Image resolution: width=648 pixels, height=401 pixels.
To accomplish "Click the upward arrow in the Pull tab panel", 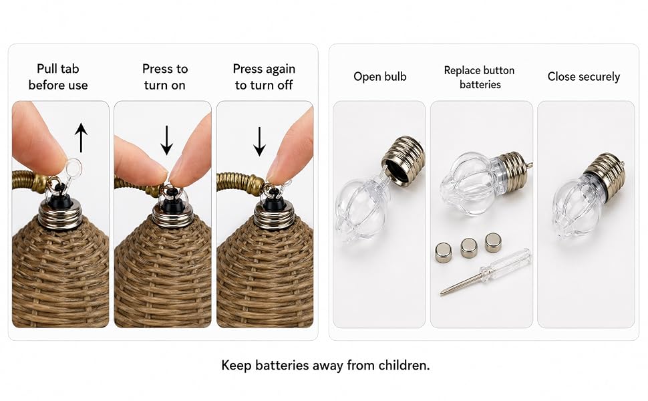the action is [81, 138].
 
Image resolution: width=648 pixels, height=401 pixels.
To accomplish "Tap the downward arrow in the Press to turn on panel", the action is [166, 140].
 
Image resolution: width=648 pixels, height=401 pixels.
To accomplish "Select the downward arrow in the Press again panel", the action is [259, 142].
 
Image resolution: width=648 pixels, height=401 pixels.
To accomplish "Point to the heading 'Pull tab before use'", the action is [58, 77].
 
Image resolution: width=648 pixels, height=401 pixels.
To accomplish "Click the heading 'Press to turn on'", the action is [165, 77].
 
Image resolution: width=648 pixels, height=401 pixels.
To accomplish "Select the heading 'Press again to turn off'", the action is [264, 77].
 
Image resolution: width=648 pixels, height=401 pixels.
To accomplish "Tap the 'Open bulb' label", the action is [380, 76].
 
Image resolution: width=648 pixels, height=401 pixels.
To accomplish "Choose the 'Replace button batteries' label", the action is [480, 78].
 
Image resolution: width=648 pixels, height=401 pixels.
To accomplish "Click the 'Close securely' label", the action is [583, 76].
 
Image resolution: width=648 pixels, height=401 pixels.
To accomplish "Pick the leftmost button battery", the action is [444, 253].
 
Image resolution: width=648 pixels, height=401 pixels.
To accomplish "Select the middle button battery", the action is [469, 248].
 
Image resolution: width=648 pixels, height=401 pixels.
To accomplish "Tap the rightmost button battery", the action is [493, 243].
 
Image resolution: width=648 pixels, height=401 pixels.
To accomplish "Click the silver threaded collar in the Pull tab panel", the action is [60, 215].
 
